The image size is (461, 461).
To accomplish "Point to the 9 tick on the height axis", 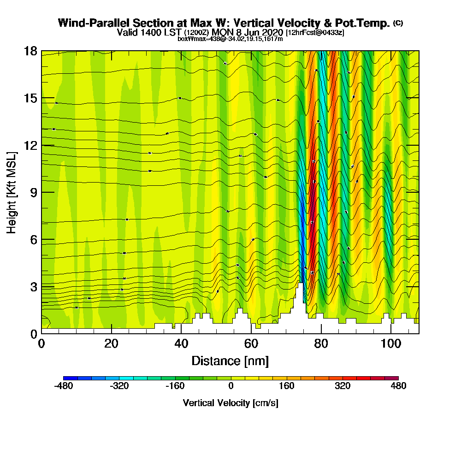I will [41, 192].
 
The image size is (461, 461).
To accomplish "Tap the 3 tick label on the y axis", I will [33, 287].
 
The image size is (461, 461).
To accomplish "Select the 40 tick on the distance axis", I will [181, 333].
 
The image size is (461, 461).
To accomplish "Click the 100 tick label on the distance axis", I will [391, 343].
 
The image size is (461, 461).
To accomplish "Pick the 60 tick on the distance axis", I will [251, 333].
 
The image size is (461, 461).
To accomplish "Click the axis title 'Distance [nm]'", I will [230, 361].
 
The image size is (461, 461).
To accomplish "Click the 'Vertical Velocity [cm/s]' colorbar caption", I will [230, 403].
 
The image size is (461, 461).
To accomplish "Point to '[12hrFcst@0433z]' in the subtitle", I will [315, 33].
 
